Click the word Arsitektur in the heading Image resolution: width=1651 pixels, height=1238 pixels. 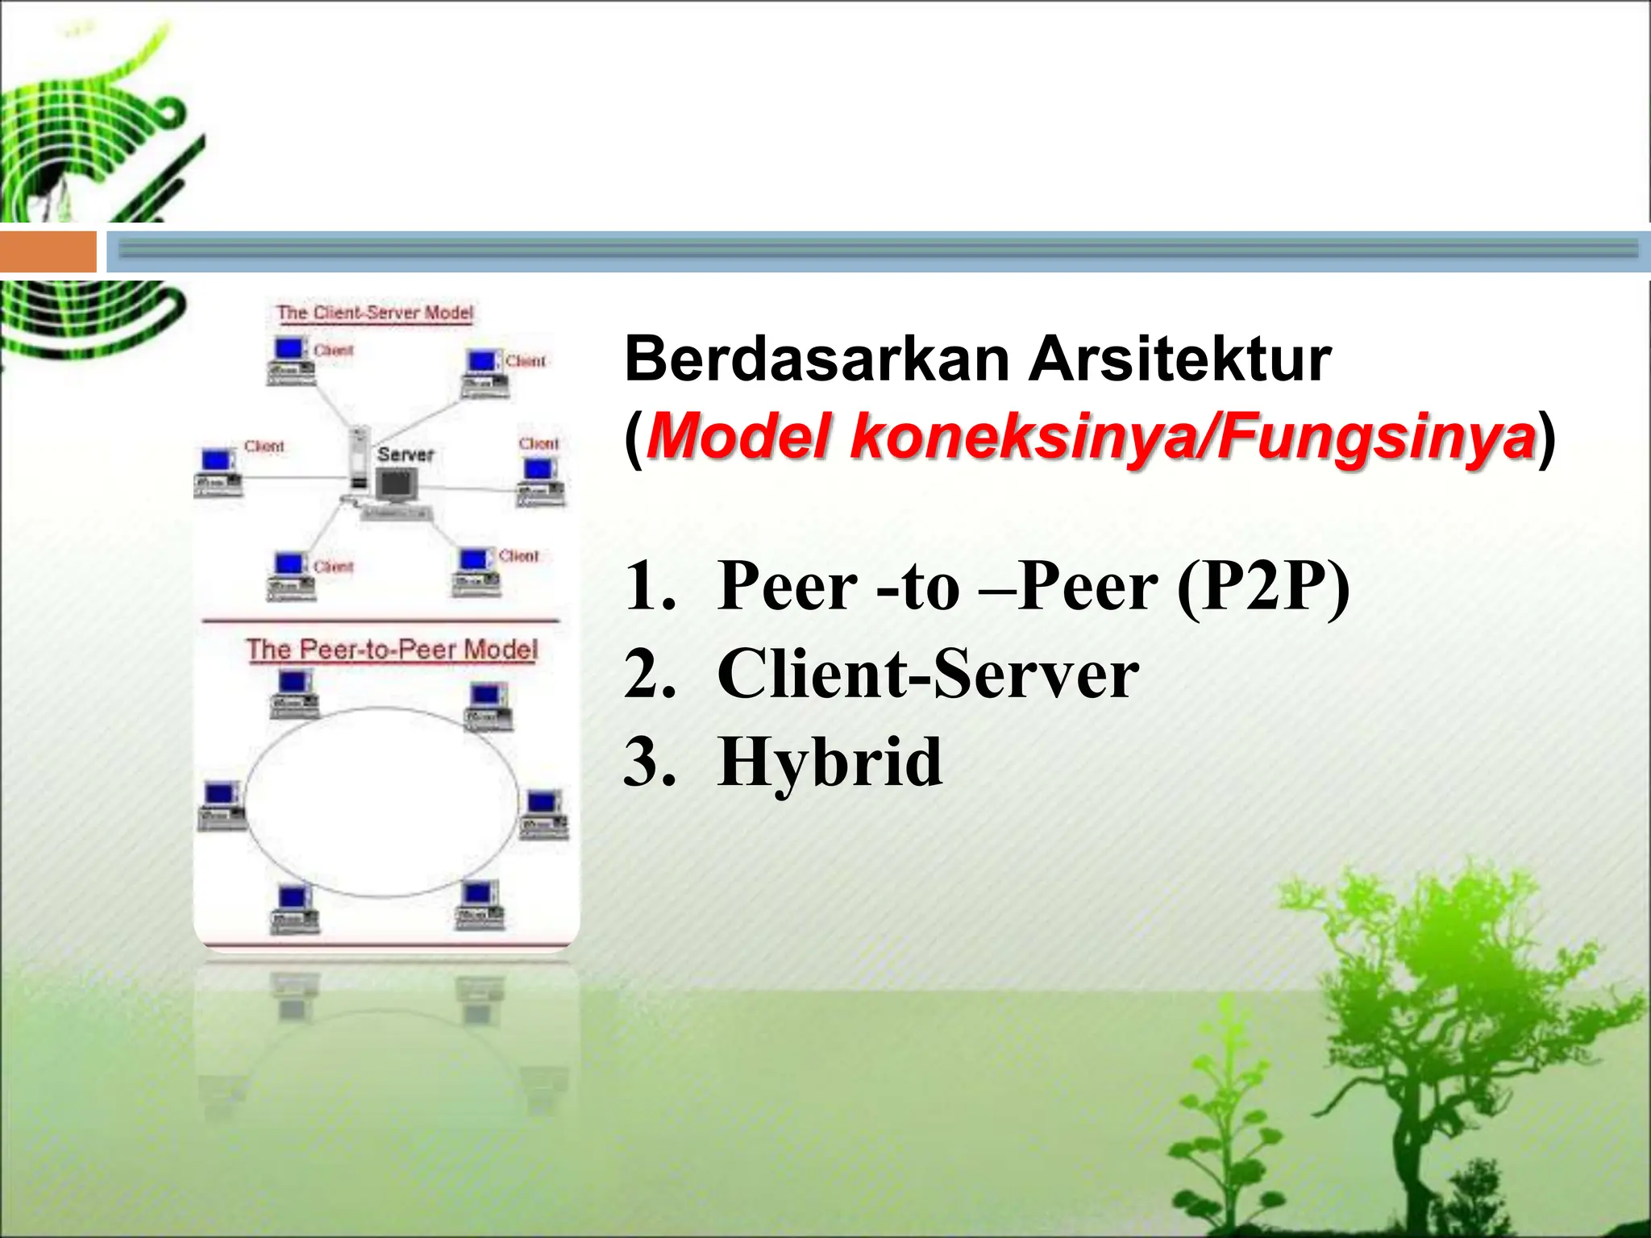[1180, 359]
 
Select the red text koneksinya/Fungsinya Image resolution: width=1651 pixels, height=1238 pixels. [1192, 438]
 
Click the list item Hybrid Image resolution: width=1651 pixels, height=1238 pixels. [830, 762]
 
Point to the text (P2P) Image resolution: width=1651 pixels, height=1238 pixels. [1262, 586]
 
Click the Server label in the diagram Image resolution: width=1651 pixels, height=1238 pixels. [405, 455]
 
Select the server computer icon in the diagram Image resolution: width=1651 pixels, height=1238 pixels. [395, 485]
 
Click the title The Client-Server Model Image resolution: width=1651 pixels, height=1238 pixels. [375, 313]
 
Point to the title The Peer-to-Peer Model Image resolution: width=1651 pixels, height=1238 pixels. [392, 650]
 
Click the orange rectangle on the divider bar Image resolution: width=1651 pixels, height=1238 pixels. [48, 251]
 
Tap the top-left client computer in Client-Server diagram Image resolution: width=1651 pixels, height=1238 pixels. [289, 359]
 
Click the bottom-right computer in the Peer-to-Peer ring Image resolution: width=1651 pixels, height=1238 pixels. [480, 904]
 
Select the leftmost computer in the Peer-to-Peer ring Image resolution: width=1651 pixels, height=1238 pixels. [220, 804]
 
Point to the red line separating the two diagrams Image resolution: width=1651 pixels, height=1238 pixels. [381, 621]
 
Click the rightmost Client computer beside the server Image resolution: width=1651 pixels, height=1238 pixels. [540, 480]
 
